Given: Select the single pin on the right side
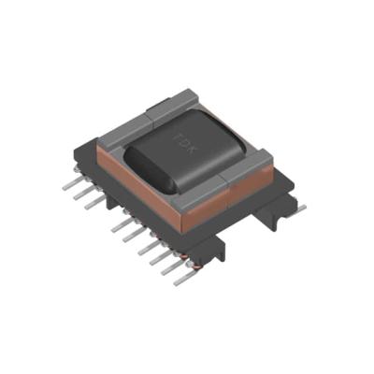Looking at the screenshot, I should click(x=297, y=208).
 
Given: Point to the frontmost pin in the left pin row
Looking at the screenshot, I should click(x=170, y=271).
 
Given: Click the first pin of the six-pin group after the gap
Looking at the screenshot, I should click(x=116, y=225).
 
